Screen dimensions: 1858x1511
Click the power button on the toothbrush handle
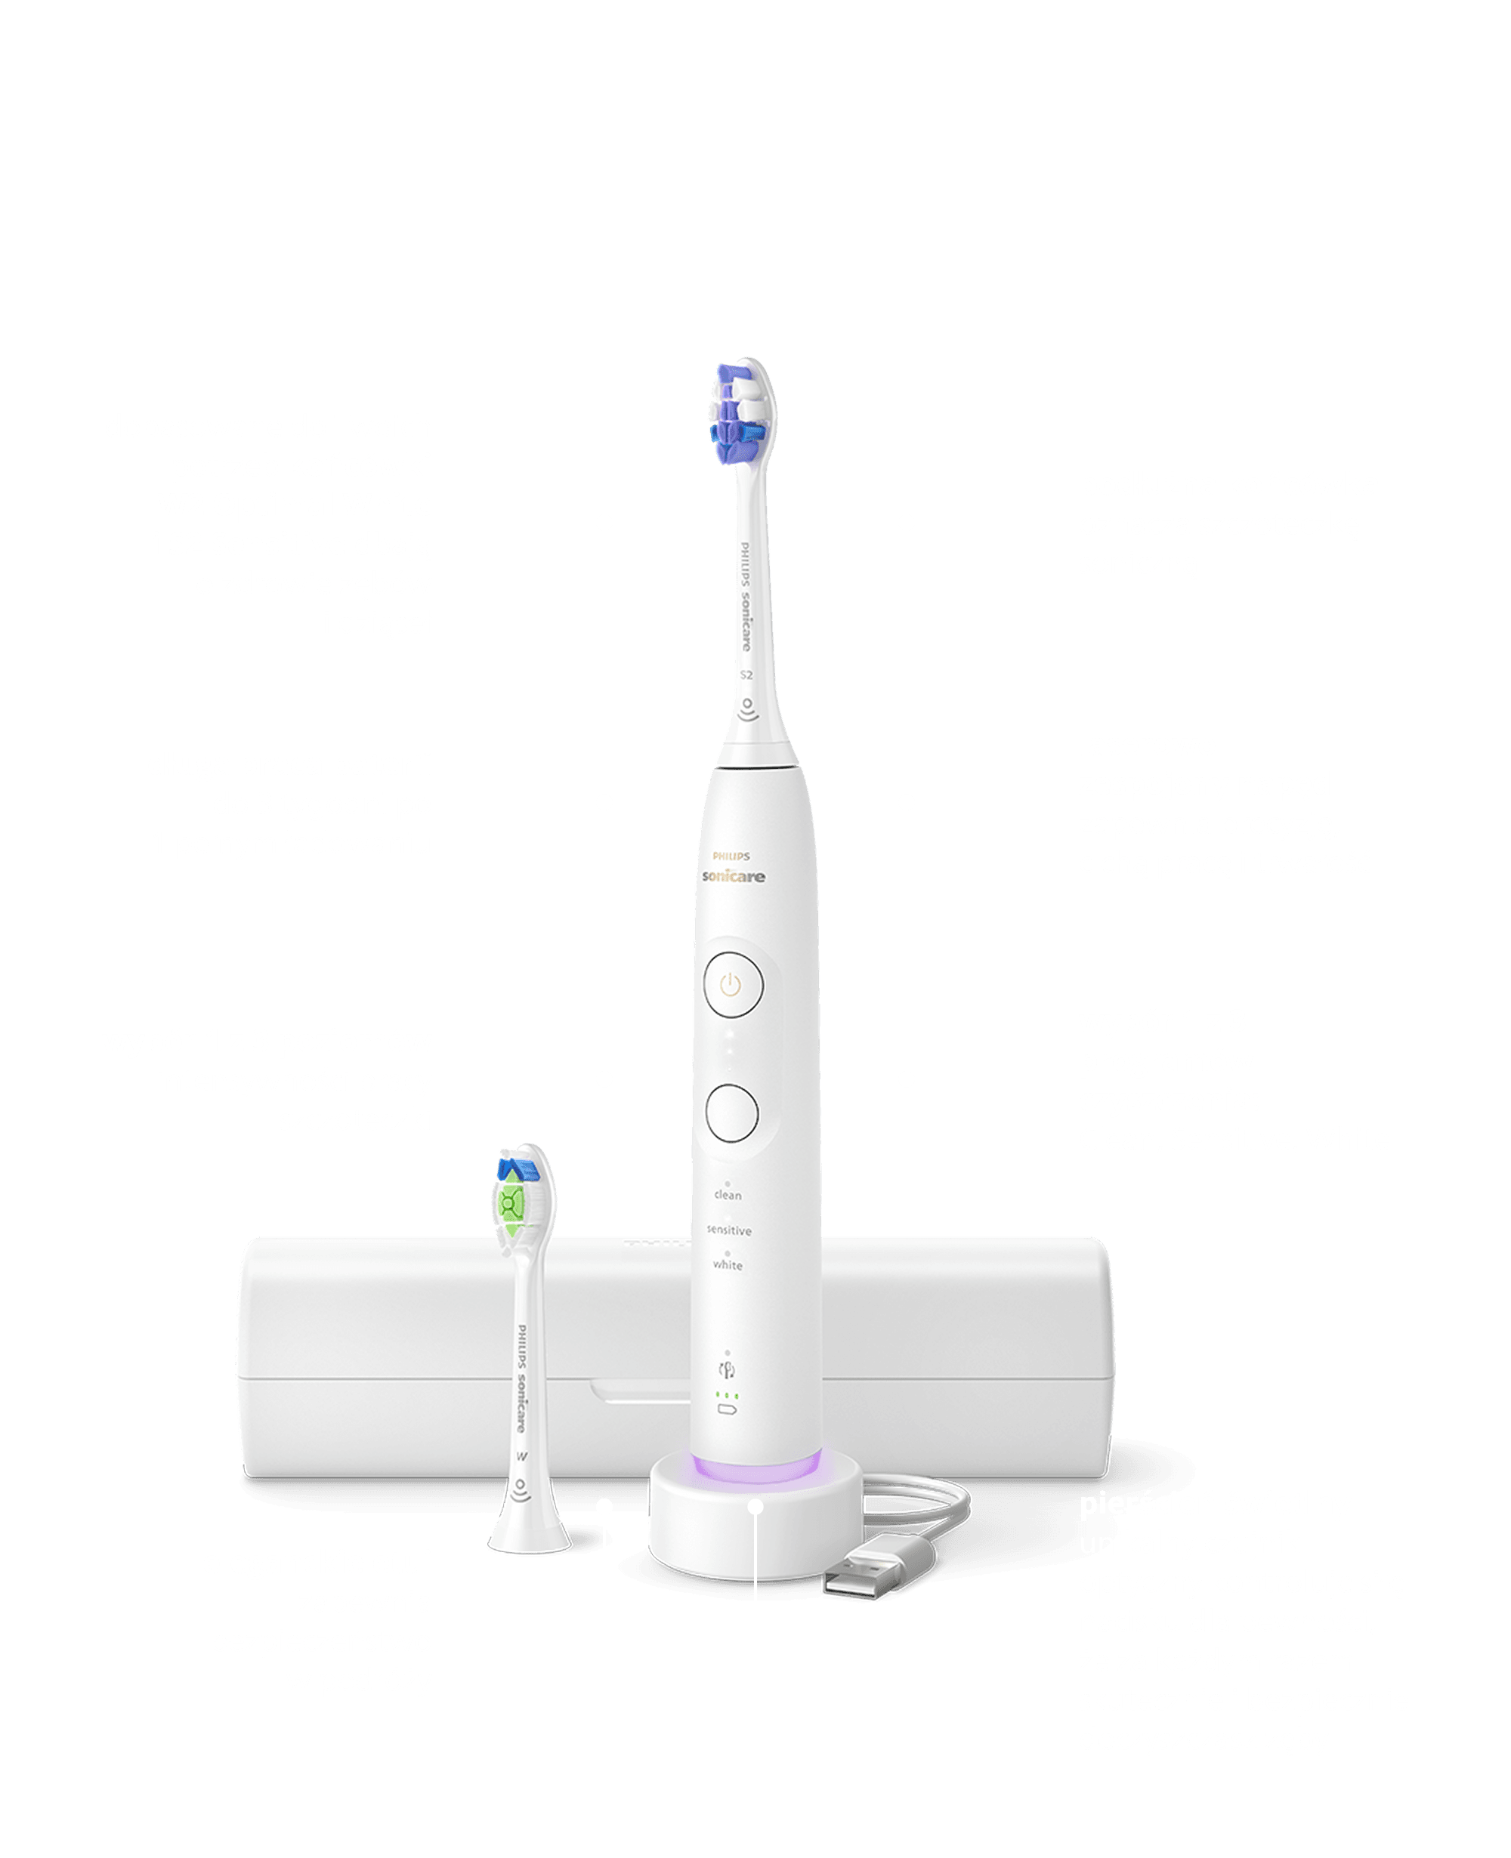click(733, 985)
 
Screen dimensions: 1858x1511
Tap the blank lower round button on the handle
click(732, 1113)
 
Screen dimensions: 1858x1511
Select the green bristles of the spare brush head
click(511, 1205)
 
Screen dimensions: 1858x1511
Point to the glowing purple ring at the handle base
click(755, 1468)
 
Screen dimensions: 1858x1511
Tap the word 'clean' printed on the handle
click(728, 1196)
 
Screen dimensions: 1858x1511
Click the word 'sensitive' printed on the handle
click(728, 1230)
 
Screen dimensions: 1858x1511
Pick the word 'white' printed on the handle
click(728, 1265)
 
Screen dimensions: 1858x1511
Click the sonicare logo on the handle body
click(734, 876)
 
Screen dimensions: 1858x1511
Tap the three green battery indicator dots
click(727, 1396)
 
